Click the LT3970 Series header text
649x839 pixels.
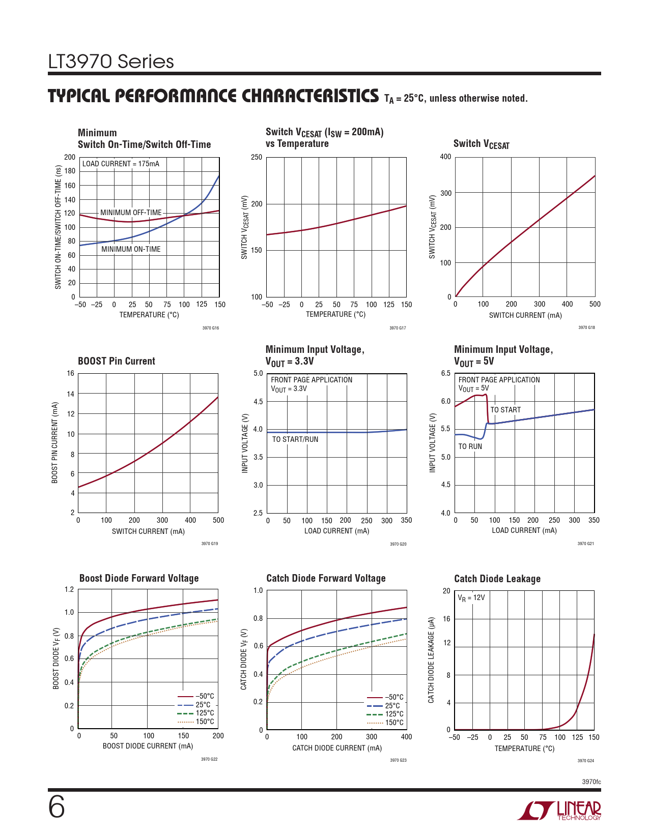(111, 62)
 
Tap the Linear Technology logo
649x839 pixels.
(559, 811)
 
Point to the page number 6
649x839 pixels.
(57, 807)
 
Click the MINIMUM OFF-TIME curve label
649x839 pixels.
(131, 213)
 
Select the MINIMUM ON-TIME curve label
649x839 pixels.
(131, 249)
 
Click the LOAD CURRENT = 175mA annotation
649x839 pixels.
(121, 164)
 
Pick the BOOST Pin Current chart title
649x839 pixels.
(116, 361)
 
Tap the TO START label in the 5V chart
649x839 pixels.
(505, 410)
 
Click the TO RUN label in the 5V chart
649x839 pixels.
(470, 446)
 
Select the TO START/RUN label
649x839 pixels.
(295, 439)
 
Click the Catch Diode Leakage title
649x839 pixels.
(497, 579)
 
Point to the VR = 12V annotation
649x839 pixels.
(471, 598)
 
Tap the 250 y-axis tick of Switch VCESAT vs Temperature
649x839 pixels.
(257, 157)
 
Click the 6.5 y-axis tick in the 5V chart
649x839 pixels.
(445, 373)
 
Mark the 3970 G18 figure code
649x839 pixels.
(586, 327)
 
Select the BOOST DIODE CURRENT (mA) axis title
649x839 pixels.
(148, 746)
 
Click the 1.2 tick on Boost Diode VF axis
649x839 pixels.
(69, 590)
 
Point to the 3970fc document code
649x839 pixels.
(591, 782)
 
